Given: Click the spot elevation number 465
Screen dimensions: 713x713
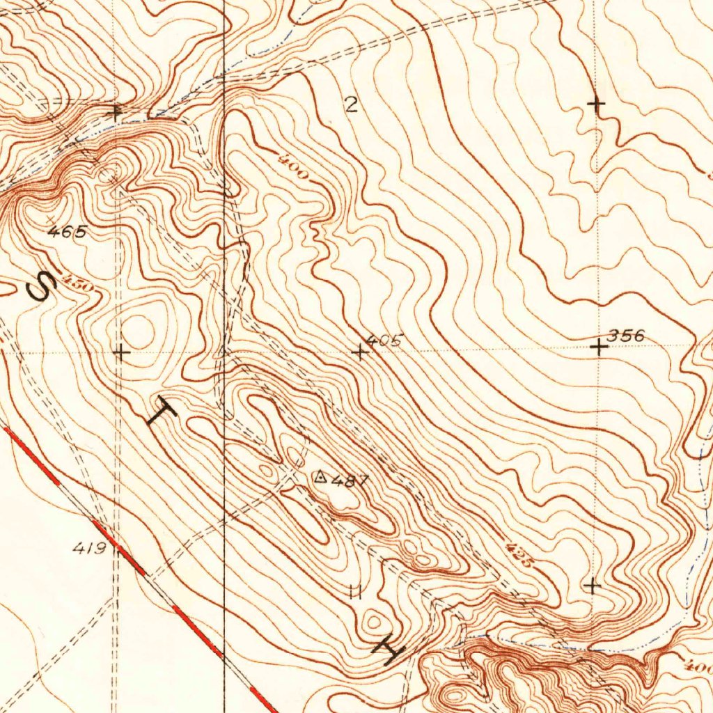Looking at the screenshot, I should [68, 233].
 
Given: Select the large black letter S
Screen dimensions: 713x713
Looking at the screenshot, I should [40, 286].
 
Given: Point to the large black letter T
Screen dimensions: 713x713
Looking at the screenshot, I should [161, 415].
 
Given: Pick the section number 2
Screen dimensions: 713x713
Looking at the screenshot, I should [351, 105].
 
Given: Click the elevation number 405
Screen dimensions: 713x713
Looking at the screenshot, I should [384, 341].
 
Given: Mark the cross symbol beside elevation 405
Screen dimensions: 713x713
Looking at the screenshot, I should [360, 352].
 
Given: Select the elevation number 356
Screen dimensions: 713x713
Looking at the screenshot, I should [626, 336].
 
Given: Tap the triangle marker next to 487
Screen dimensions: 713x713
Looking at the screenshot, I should [321, 477].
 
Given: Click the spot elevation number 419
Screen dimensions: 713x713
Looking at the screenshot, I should [89, 549].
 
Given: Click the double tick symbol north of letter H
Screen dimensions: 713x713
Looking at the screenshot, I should [356, 592].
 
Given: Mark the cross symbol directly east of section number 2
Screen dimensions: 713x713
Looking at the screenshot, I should [595, 104].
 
